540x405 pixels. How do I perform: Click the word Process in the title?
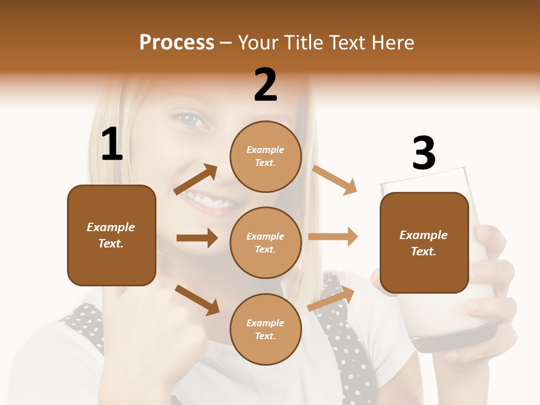pos(177,43)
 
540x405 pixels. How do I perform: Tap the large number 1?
pos(112,145)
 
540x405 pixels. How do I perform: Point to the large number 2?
pos(265,85)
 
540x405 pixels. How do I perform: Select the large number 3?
pos(424,154)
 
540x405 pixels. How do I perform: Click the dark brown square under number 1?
pos(111,235)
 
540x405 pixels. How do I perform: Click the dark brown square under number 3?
pos(424,242)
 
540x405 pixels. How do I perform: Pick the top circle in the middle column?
pos(265,156)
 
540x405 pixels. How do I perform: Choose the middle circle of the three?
pos(265,242)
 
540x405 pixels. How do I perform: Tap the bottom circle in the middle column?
pos(265,329)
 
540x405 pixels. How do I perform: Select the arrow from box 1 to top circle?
pos(196,180)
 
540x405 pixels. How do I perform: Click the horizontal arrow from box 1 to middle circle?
pos(197,238)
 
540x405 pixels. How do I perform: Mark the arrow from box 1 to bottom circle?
pos(197,300)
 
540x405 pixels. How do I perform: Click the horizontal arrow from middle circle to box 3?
pos(333,236)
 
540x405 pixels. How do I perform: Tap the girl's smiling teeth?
pos(208,200)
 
